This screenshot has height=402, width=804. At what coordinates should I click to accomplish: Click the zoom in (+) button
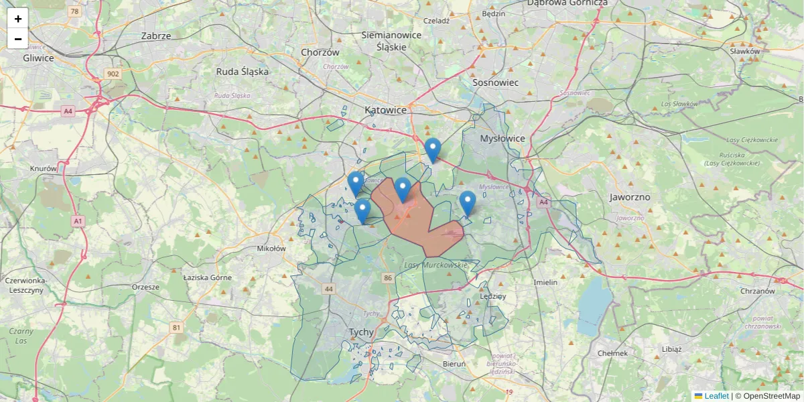coord(18,18)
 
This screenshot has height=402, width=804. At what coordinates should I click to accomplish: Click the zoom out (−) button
coord(18,39)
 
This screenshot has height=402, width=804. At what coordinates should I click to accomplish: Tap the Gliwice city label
coord(38,58)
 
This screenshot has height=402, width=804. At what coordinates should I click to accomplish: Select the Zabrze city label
coord(156,36)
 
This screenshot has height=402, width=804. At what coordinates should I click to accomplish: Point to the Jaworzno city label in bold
coord(630,198)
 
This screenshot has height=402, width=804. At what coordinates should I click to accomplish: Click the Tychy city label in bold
coord(362,332)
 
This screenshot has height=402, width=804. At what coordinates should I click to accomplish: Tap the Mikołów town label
coord(271,248)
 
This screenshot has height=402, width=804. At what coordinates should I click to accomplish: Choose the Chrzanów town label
coord(758,291)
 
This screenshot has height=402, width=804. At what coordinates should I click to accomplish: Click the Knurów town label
coord(44,169)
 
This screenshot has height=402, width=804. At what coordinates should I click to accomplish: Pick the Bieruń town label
coord(454,364)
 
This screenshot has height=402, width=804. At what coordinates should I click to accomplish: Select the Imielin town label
coord(545,282)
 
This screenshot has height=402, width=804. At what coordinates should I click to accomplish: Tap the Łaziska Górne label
coord(208,277)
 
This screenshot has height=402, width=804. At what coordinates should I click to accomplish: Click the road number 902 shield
coord(113,74)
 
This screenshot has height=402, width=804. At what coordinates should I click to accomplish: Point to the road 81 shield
coord(176,327)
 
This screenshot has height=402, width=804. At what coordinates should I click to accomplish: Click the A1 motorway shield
coord(78,220)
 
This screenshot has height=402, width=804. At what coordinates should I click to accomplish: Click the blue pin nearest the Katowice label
coord(433,149)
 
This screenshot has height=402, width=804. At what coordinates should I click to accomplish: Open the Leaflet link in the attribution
coord(716,396)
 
